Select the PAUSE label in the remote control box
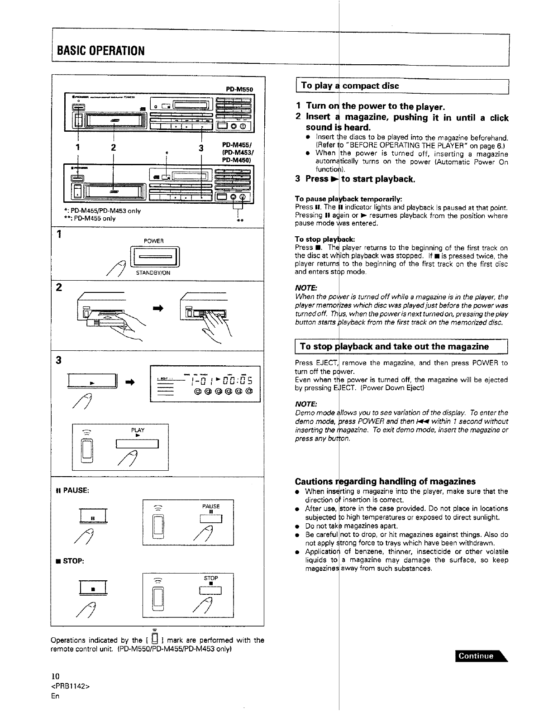point(211,506)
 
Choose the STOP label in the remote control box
point(211,578)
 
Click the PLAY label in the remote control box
point(137,430)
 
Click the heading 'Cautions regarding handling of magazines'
point(385,481)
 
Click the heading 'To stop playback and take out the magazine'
point(394,347)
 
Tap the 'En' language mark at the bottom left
point(55,696)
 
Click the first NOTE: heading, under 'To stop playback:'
point(306,288)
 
